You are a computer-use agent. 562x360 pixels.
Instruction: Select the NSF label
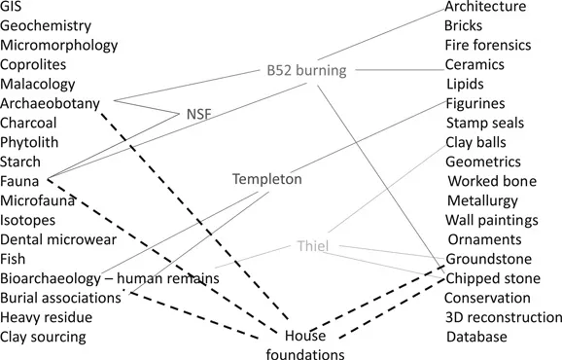click(198, 114)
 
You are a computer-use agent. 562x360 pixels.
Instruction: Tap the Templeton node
click(267, 180)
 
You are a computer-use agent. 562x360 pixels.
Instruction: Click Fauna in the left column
click(20, 181)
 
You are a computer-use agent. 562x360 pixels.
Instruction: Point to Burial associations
click(61, 298)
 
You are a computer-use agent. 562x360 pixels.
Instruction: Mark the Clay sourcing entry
click(44, 337)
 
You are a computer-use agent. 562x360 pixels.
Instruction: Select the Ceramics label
click(474, 65)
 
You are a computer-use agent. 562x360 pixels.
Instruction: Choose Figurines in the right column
click(475, 104)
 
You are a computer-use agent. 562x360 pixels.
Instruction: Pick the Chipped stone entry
click(493, 278)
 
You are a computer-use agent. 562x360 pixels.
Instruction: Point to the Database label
click(476, 337)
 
